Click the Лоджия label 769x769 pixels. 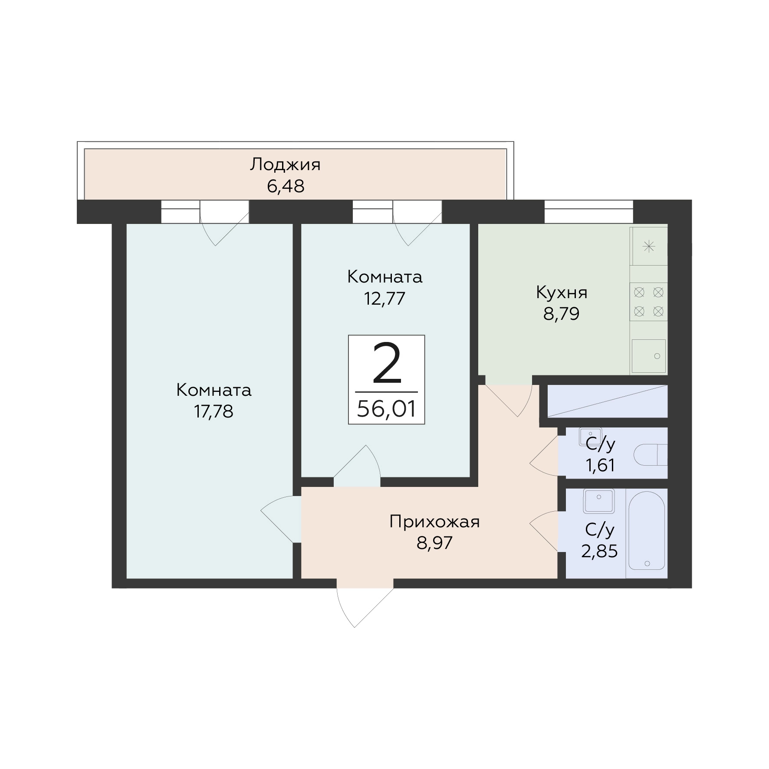coord(285,165)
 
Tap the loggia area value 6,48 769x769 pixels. coord(285,186)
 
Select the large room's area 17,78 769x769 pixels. coord(214,411)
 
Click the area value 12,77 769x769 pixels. coord(384,298)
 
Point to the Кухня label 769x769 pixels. coord(562,293)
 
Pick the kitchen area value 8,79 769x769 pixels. coord(562,314)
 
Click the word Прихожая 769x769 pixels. coord(434,522)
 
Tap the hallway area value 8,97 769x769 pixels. coord(434,543)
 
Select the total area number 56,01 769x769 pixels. coord(386,408)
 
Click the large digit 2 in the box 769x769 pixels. coord(387,364)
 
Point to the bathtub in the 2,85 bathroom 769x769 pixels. coord(646,532)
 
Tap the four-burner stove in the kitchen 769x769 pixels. coord(649,302)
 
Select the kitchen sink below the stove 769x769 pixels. coord(649,356)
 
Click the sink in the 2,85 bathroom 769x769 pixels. coord(598,501)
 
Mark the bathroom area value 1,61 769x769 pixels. coord(600,466)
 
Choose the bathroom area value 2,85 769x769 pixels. coord(599,551)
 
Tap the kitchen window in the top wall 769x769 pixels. coord(589,211)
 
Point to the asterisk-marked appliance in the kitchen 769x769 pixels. coord(649,246)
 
